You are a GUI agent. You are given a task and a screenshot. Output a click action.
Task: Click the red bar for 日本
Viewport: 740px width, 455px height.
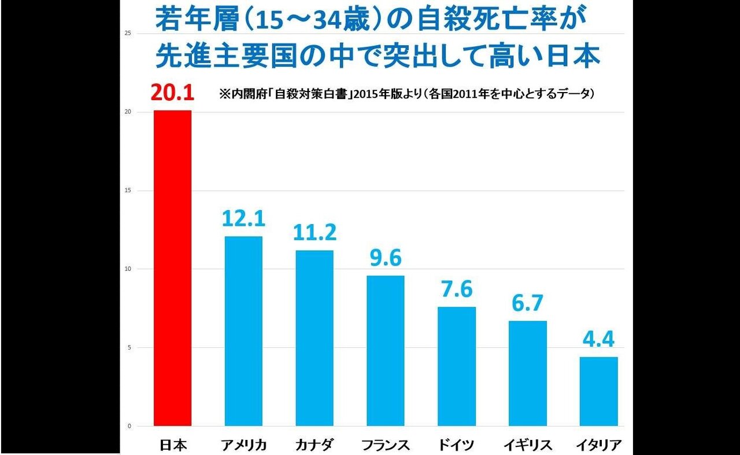[x=172, y=268]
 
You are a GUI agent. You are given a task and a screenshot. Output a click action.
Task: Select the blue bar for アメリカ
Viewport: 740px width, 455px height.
[x=243, y=331]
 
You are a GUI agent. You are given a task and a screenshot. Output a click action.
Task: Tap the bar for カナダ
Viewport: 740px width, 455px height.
[x=314, y=338]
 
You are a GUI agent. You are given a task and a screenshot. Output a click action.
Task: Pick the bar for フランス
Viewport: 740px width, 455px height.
[x=386, y=351]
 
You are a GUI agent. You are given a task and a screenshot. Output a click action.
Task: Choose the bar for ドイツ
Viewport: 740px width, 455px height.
[x=457, y=366]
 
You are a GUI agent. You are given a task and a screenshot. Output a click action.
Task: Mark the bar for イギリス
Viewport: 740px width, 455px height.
[x=528, y=373]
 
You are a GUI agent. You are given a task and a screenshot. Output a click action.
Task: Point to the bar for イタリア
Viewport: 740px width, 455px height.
[x=599, y=391]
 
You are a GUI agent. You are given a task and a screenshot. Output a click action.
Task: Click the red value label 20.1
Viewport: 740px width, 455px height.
[x=172, y=93]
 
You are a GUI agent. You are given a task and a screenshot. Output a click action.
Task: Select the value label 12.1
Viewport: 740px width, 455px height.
[x=243, y=219]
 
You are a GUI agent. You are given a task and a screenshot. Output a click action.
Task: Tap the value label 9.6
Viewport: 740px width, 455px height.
[x=386, y=258]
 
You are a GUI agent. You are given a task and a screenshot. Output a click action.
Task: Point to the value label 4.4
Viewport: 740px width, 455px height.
[x=599, y=339]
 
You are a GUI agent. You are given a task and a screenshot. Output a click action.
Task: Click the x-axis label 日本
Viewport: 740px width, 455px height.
[x=172, y=445]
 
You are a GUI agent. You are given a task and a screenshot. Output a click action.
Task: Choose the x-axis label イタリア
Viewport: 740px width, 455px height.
[x=599, y=445]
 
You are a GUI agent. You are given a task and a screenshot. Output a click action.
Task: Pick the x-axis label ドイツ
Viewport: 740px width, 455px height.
[x=457, y=445]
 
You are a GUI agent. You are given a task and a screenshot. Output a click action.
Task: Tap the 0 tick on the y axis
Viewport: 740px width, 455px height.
[x=129, y=426]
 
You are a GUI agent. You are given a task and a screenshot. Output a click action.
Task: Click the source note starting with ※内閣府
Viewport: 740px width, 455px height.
[x=406, y=93]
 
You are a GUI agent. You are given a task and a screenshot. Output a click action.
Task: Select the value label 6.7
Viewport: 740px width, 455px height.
[x=528, y=303]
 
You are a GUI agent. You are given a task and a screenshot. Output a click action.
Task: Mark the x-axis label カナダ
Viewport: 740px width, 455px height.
[x=314, y=445]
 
